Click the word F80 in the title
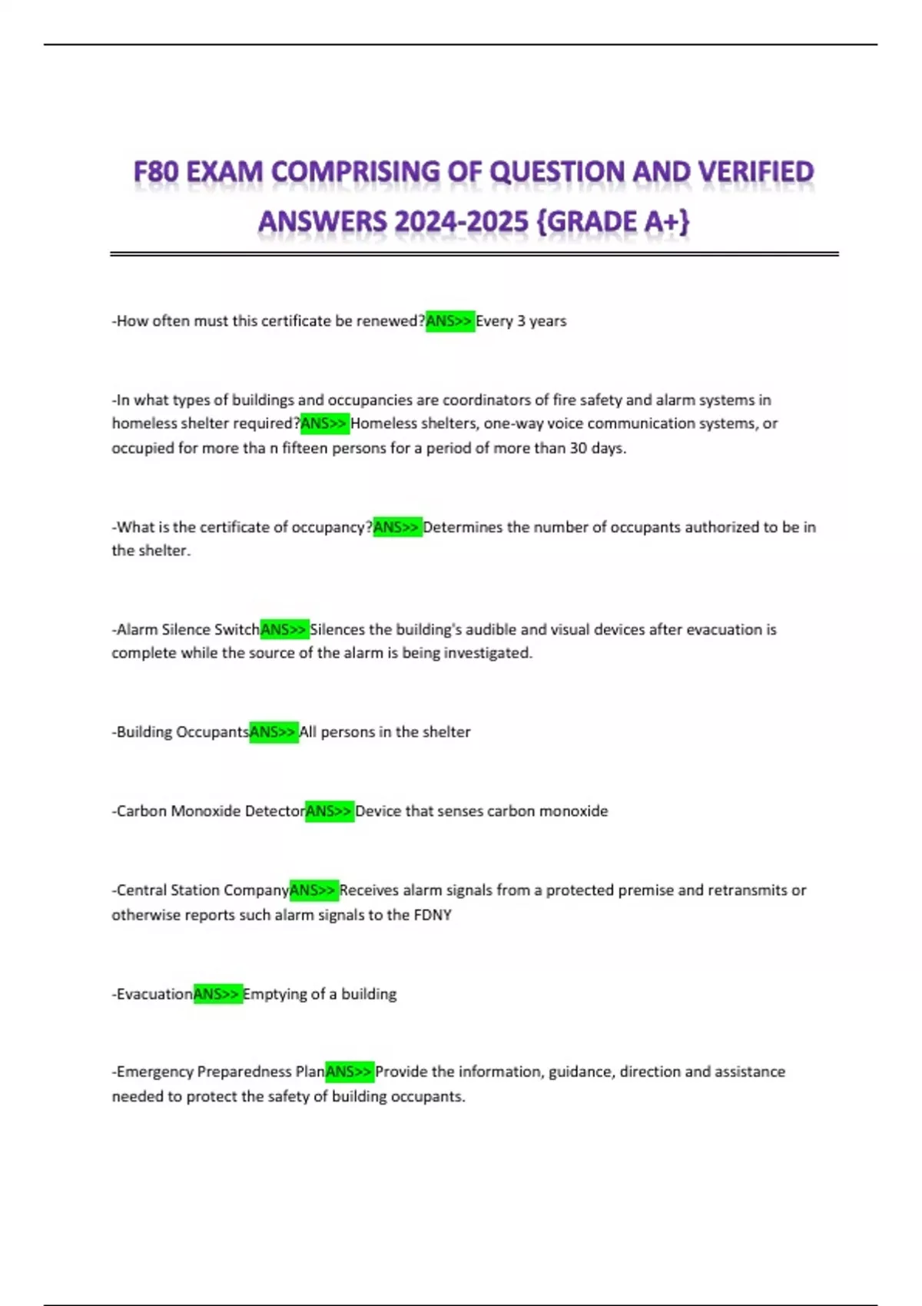tap(156, 171)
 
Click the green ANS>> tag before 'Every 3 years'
tap(449, 321)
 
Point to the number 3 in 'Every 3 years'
tap(521, 321)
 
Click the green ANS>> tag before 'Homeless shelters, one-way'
tap(324, 423)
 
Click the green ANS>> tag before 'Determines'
tap(397, 527)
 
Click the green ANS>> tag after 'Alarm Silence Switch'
tap(284, 629)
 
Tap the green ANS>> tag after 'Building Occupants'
tap(274, 732)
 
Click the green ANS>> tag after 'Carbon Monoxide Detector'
tap(330, 811)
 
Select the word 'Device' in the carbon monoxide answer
tap(377, 811)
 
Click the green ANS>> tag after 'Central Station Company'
tap(313, 890)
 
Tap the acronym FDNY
tap(433, 915)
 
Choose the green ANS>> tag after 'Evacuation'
tap(217, 994)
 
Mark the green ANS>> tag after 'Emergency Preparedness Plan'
tap(350, 1072)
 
